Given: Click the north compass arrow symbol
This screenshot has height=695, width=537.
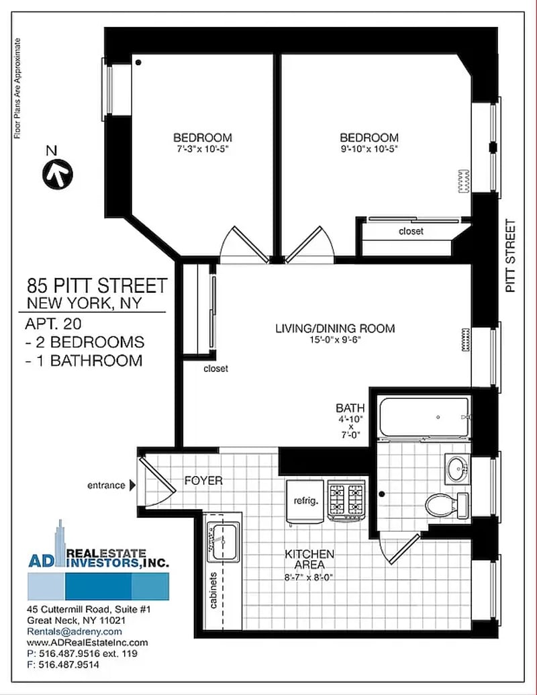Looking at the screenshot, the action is point(58,174).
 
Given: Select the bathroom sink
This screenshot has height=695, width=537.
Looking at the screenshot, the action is point(456,468).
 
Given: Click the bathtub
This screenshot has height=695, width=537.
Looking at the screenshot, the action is point(424,417).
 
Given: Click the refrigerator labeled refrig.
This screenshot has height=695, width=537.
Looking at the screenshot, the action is point(305,502).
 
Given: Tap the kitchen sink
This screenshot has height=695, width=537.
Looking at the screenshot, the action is point(224,541).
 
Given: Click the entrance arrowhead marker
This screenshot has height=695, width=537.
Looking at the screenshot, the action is point(132,485).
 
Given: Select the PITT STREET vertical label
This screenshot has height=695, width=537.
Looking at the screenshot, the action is point(511,257).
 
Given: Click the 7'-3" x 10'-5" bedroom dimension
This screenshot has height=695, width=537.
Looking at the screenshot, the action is point(203,149).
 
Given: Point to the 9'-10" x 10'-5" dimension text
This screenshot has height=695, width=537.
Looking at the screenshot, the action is point(369,149).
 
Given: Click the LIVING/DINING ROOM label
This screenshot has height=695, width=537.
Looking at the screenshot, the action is point(335,328).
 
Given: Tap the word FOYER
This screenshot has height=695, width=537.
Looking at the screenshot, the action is point(203,481).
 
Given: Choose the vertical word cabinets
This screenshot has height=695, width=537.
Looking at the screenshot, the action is point(213,590).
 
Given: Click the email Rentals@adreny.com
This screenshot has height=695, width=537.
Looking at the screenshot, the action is point(75,632).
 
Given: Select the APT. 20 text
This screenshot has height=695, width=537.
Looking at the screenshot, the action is point(53,324).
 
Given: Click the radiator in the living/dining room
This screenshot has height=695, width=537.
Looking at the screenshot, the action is point(465,340).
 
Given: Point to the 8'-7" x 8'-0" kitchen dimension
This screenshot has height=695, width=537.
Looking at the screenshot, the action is point(308,577).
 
